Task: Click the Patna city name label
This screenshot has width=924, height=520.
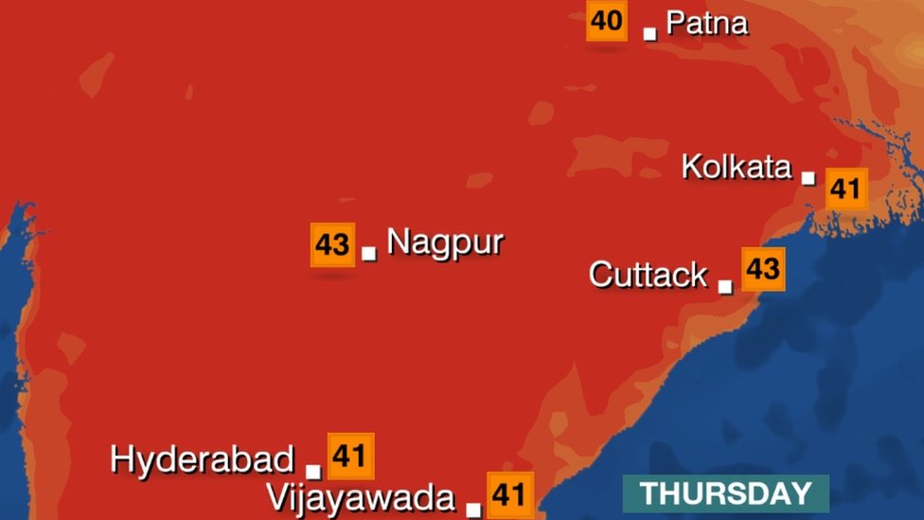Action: point(707,23)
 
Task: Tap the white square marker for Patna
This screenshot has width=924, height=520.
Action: point(649,33)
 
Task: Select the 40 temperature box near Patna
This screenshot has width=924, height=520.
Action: point(607,20)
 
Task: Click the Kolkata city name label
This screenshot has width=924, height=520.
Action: point(737,168)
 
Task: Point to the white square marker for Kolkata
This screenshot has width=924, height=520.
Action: point(808,177)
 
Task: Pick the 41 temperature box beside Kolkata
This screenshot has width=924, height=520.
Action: point(844,188)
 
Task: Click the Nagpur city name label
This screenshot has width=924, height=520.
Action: point(445,242)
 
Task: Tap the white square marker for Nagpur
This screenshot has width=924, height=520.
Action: point(369,253)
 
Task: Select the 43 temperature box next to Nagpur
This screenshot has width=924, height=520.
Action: point(332,244)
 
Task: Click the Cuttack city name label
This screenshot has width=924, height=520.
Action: point(648,275)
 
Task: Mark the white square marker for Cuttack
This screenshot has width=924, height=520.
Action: point(725,286)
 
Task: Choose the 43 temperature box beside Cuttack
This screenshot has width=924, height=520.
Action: point(763,269)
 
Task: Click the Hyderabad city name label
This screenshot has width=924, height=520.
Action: point(203,460)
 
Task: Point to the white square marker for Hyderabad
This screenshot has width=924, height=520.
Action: point(313,471)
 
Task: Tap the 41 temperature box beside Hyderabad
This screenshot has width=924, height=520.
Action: point(350,457)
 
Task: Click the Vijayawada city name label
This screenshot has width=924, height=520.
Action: point(361,497)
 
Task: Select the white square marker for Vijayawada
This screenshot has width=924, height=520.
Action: point(473,510)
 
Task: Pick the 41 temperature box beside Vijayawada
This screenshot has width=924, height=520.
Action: point(510,494)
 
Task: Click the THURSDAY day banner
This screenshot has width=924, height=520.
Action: point(725,493)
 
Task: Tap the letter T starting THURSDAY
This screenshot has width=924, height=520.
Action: point(649,493)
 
